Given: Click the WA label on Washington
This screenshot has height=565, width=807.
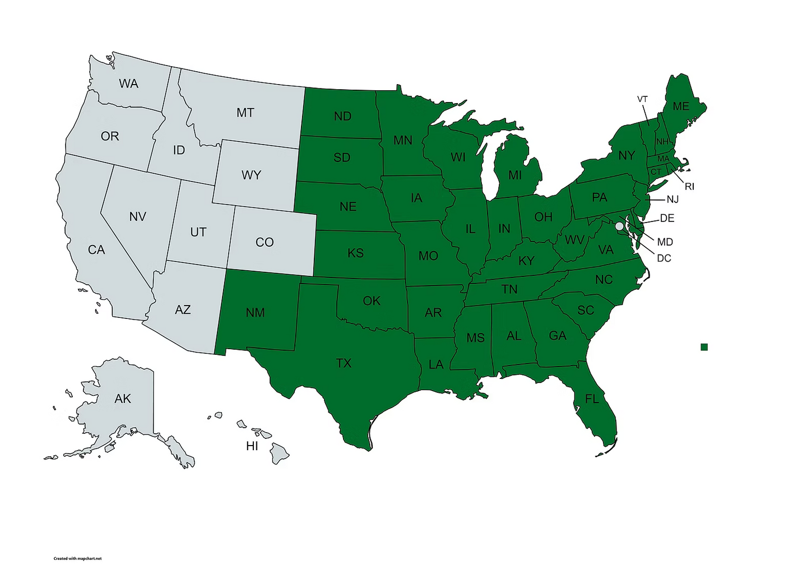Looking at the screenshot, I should point(128,84).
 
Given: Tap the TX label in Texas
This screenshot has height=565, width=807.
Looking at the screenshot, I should point(344,363).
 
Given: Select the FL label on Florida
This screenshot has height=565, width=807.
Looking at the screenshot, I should point(592,399).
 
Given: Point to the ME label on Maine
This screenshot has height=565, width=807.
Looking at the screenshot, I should point(681,106).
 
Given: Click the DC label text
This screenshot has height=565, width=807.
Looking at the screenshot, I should point(664,258).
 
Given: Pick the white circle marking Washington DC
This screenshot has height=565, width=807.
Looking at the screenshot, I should point(619,226).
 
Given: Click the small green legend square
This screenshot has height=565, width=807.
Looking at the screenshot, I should point(704,347).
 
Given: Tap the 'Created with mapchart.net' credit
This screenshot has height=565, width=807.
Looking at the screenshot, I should point(77,558).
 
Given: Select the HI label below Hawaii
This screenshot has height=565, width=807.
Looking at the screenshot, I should point(252,446).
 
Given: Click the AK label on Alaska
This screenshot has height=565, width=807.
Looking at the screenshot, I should point(123,399).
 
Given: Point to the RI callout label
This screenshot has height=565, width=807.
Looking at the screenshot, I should point(689,187).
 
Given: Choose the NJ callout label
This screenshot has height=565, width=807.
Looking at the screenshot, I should point(672,200).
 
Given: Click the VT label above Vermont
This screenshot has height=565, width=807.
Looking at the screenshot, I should point(642,99).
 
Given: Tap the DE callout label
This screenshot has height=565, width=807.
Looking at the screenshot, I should point(667,218).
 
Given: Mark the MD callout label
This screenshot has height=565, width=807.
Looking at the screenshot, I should point(665,242).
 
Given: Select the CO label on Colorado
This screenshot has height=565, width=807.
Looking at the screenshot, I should point(265,242).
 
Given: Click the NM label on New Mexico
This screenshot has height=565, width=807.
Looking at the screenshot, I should point(255,313).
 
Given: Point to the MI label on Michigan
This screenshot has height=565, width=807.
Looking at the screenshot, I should point(515,175).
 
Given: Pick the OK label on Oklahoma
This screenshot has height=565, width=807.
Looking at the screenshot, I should point(372,301).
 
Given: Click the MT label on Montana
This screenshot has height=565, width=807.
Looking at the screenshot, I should point(245,113).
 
